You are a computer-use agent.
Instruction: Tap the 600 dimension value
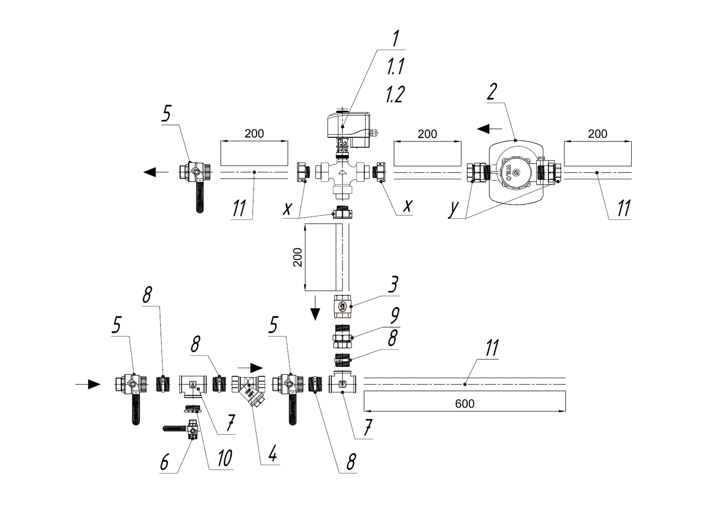(465, 404)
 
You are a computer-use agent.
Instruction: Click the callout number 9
(395, 315)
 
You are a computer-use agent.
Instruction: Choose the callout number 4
(272, 453)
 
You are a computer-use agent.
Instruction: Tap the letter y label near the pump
(453, 208)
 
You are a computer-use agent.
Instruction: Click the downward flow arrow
(316, 308)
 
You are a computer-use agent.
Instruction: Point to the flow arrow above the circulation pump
(490, 129)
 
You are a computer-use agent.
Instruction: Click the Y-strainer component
(249, 389)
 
